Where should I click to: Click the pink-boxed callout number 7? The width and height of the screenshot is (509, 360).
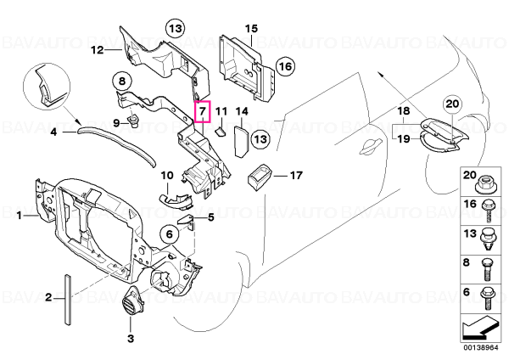click(203, 111)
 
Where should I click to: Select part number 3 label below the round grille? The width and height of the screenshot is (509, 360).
click(130, 339)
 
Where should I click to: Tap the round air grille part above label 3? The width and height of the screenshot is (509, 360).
click(131, 302)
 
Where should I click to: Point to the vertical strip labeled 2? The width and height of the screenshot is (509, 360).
click(67, 300)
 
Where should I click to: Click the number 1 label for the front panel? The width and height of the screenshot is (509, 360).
click(20, 215)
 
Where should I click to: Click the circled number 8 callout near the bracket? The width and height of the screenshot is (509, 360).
click(122, 81)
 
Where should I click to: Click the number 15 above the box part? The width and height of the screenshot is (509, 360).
click(251, 29)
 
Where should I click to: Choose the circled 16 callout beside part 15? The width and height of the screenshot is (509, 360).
click(285, 66)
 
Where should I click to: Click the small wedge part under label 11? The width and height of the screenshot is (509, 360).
click(220, 132)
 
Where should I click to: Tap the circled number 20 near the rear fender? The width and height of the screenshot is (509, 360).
click(452, 104)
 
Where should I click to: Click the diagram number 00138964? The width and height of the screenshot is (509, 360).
click(480, 347)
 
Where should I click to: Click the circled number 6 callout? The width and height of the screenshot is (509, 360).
click(170, 234)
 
